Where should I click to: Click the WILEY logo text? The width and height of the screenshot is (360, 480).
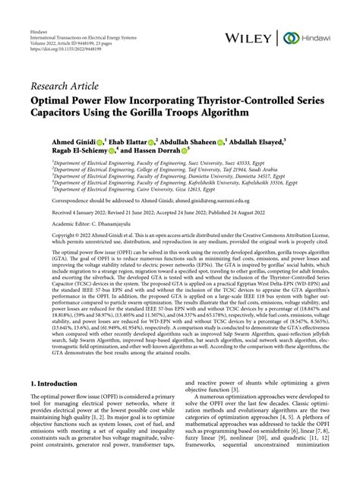[254, 37]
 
